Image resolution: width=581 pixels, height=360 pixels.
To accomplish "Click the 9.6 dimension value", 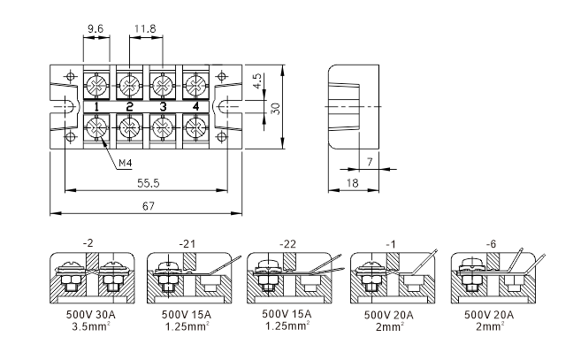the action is point(96,29).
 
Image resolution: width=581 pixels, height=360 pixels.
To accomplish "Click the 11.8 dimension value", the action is point(145,29).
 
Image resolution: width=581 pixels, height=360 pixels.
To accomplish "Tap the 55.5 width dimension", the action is point(149,183).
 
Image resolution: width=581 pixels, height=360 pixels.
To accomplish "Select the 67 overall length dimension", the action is point(149,206).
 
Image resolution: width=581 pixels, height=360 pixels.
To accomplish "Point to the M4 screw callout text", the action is point(126,163).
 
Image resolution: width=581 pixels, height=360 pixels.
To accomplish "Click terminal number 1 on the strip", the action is point(96,107).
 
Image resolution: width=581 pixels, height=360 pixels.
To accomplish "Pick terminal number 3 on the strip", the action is point(163,107).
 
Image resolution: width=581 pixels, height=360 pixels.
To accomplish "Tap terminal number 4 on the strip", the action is point(195,107).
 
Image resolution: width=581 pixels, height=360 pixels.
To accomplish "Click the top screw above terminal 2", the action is point(129,85).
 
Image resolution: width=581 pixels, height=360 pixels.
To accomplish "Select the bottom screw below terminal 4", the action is point(195,127).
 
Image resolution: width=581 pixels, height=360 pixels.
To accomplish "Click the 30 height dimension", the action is point(276,108).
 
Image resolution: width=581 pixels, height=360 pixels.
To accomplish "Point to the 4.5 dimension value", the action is point(257,80).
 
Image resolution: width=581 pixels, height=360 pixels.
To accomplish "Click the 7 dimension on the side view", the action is point(370,162).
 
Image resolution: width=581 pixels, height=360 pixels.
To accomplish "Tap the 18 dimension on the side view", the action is point(352,183).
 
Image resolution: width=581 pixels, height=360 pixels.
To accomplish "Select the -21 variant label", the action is point(187,244).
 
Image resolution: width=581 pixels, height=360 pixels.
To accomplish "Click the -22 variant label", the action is point(287,244).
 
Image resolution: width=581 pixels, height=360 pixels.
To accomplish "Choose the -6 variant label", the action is point(491,244).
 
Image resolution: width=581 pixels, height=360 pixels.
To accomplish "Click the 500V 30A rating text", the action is point(91,315).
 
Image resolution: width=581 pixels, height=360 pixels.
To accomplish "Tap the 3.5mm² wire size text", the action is point(91,326).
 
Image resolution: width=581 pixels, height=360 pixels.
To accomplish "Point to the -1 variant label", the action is point(391,244).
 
